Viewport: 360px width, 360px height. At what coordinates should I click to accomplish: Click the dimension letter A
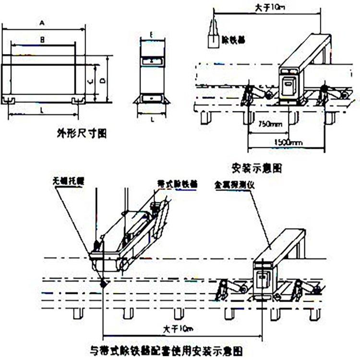click(x=42, y=23)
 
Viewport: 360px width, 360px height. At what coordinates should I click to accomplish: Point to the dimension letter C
click(x=90, y=81)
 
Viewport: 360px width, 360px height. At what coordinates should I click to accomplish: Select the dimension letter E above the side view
click(x=151, y=35)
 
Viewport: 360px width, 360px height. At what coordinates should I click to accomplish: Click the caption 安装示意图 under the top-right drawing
click(x=255, y=168)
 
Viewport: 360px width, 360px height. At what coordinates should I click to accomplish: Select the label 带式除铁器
click(x=177, y=184)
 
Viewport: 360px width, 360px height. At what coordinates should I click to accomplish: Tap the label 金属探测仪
click(x=230, y=184)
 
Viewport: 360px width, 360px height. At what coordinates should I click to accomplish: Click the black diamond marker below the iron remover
click(x=102, y=284)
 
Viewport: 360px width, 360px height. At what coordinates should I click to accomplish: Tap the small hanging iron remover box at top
click(x=211, y=40)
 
